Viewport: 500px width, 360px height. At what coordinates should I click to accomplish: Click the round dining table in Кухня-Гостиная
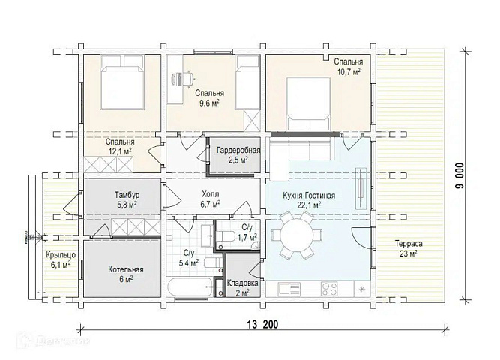[x=297, y=235]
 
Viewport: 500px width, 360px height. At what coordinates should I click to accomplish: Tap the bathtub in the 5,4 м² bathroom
[x=190, y=287]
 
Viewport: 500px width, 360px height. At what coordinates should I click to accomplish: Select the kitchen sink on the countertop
[x=289, y=289]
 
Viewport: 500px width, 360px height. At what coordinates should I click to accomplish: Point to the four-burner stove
[x=329, y=289]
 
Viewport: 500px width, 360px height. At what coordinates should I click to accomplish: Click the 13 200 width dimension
[x=262, y=324]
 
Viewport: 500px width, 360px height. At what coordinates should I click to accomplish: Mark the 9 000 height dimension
[x=460, y=175]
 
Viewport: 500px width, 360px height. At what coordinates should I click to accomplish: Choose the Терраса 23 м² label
[x=409, y=248]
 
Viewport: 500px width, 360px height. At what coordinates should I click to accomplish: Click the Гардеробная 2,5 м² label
[x=238, y=154]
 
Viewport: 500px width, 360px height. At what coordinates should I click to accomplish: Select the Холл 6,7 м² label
[x=210, y=199]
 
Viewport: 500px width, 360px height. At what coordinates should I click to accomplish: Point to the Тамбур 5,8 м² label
[x=127, y=199]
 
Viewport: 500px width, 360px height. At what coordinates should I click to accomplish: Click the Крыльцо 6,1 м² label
[x=61, y=259]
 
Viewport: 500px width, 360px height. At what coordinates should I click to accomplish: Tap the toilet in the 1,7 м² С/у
[x=225, y=236]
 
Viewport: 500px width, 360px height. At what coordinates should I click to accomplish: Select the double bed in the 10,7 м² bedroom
[x=307, y=103]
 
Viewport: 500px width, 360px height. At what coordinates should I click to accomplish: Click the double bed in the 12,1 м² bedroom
[x=121, y=82]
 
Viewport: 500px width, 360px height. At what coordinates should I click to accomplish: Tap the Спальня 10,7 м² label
[x=349, y=67]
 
